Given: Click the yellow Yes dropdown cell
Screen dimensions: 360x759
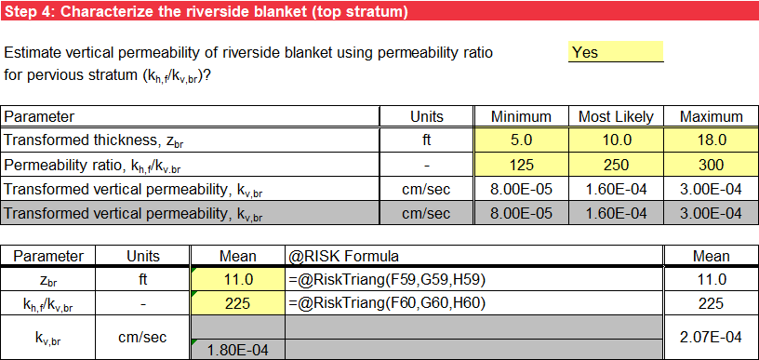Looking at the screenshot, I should pos(615,52).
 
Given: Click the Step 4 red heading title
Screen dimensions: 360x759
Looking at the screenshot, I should pos(206,12).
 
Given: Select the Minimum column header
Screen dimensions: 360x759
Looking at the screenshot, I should pos(521,116).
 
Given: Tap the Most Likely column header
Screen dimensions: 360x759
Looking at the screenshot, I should pos(616,116).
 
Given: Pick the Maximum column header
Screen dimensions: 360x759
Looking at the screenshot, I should pos(711,116).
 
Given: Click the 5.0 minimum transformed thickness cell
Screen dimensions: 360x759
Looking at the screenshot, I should pos(521,140).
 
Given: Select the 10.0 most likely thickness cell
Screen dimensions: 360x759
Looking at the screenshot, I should pos(616,140).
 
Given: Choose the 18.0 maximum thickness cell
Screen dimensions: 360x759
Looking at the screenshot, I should pos(711,140).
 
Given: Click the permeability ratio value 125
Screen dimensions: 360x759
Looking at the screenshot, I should pos(521,165).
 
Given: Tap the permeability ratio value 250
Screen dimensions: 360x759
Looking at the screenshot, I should pos(616,165).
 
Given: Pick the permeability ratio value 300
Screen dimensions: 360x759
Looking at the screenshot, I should pos(711,165).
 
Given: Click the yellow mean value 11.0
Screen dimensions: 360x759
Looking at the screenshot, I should pos(237,279).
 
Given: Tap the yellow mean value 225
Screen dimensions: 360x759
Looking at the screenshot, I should pos(237,302).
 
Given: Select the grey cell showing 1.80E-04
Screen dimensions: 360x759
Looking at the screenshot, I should pos(237,350).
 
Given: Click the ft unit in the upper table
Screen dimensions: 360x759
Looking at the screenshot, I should pos(427,140).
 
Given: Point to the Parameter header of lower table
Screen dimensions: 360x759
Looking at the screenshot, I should pos(48,256).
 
